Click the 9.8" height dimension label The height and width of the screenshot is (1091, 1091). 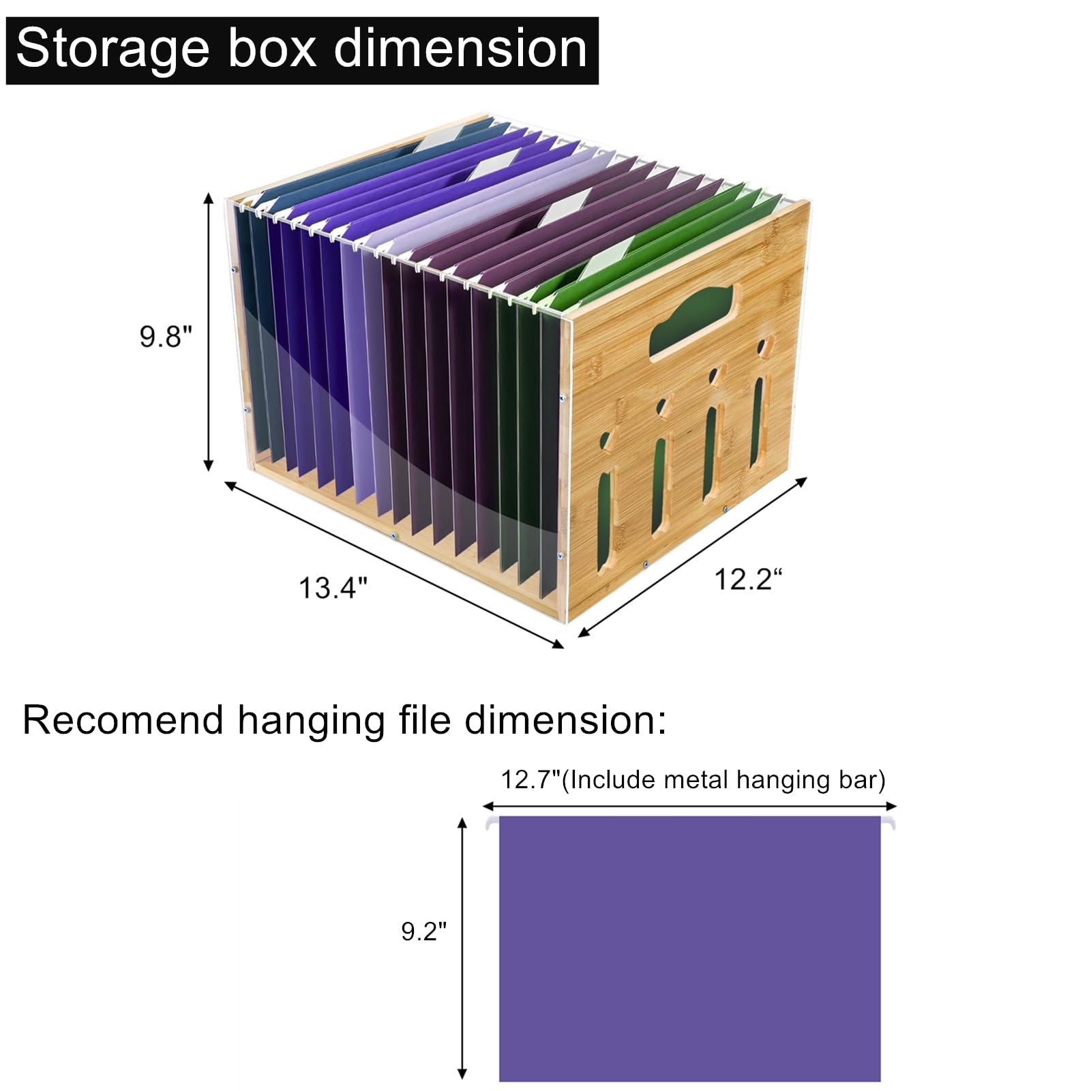pyautogui.click(x=166, y=337)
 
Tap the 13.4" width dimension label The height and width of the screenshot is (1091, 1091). pyautogui.click(x=333, y=588)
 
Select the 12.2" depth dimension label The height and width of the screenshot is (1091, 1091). pyautogui.click(x=747, y=580)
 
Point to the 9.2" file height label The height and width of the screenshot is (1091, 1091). pyautogui.click(x=423, y=931)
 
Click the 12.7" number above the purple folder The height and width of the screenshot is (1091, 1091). pyautogui.click(x=530, y=779)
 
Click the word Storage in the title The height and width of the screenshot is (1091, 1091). pyautogui.click(x=113, y=49)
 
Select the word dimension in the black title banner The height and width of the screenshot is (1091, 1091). pyautogui.click(x=460, y=49)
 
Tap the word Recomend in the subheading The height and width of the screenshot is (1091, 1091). pyautogui.click(x=123, y=721)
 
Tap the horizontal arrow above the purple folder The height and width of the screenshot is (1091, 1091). pyautogui.click(x=689, y=806)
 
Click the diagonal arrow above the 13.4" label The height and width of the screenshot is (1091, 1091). pyautogui.click(x=394, y=564)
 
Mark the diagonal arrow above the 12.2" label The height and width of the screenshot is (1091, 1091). pyautogui.click(x=693, y=557)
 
